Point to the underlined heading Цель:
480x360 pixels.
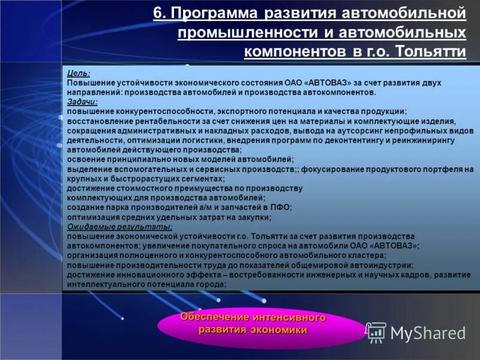pyautogui.click(x=79, y=73)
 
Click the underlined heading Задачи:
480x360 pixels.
pyautogui.click(x=83, y=102)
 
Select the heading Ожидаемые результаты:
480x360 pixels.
pyautogui.click(x=119, y=227)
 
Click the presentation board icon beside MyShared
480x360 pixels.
pyautogui.click(x=376, y=332)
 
